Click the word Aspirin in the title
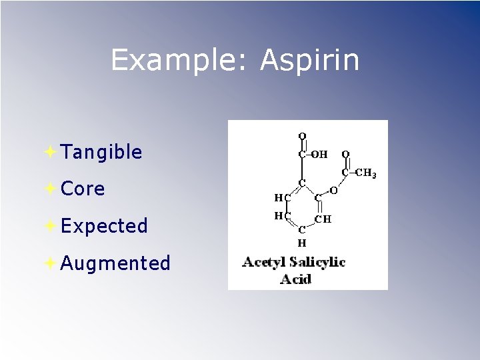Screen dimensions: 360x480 [310, 60]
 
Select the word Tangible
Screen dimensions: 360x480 [101, 153]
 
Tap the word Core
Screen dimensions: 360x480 [83, 189]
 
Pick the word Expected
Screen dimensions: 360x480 [104, 226]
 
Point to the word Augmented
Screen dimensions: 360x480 [115, 263]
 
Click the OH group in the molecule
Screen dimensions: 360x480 [320, 155]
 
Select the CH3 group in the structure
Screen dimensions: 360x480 [366, 174]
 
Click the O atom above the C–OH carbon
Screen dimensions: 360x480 [302, 136]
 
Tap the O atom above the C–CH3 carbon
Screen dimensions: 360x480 [345, 155]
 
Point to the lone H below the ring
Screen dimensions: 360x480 [301, 243]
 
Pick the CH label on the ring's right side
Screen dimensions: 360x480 [323, 218]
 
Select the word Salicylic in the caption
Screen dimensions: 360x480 [317, 262]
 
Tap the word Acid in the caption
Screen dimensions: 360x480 [295, 279]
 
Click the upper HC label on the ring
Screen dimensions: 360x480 [282, 197]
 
